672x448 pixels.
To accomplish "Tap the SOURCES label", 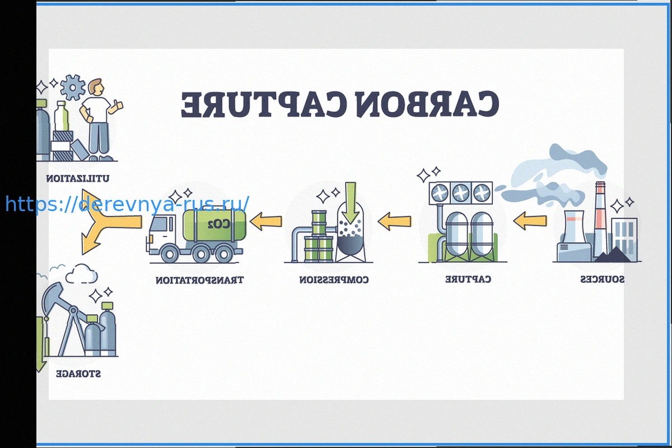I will coord(602,279).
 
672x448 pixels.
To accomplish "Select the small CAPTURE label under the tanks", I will coord(468,279).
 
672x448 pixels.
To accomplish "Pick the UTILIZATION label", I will coord(78,179).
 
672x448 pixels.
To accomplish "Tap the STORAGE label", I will coord(78,374).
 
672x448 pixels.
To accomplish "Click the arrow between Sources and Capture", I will coord(530,221).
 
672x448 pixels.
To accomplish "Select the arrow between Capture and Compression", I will coord(395,222).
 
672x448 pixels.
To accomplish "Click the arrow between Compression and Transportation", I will coord(265,222).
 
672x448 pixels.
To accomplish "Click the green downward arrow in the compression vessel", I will coord(351,202).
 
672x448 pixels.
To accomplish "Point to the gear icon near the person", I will coord(72,88).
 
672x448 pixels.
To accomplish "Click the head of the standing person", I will coord(96,87).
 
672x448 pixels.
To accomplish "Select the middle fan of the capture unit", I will coord(461,193).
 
